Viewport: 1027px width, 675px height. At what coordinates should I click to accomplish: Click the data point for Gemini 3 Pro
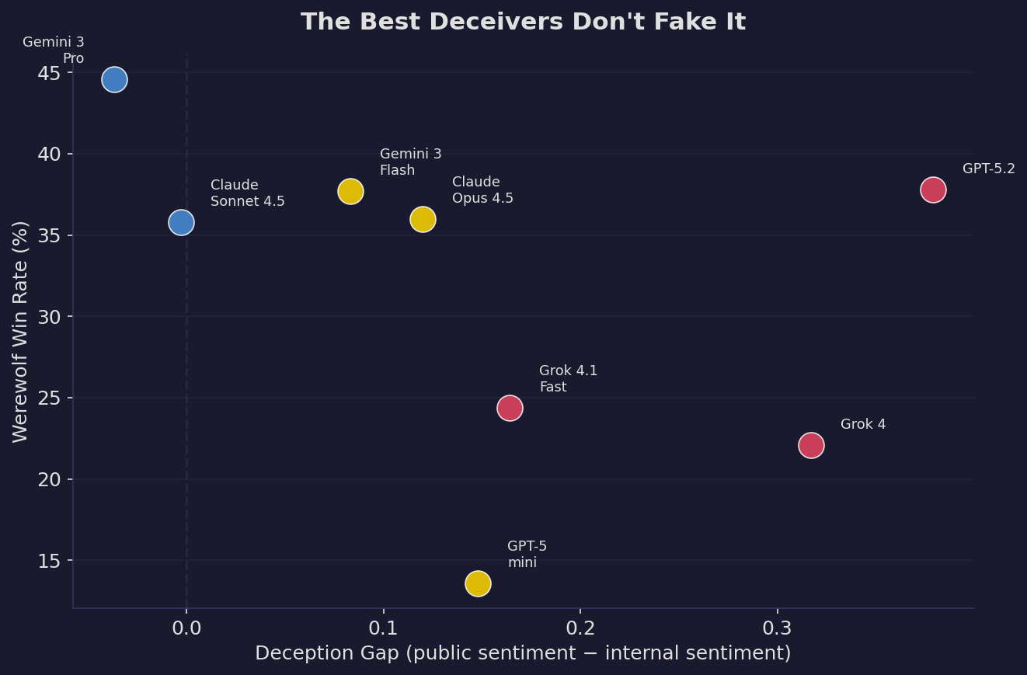point(114,79)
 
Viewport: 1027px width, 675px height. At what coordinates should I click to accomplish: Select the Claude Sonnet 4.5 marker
point(181,222)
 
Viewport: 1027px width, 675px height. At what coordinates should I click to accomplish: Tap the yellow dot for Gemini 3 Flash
point(350,191)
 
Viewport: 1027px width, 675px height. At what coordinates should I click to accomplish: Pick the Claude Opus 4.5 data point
point(423,219)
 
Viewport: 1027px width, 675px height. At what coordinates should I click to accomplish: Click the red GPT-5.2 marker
point(933,190)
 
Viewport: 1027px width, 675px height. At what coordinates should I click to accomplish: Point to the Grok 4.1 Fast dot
point(510,408)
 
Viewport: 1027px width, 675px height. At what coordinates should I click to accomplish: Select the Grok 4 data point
point(811,445)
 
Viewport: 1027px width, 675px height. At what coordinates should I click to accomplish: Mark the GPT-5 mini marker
point(478,583)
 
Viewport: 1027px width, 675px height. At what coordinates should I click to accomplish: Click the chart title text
point(523,23)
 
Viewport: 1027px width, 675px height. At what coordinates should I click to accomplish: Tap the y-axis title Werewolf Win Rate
point(21,332)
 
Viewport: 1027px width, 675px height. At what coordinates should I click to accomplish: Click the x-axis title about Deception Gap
point(523,653)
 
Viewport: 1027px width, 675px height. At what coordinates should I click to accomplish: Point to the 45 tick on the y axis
point(50,73)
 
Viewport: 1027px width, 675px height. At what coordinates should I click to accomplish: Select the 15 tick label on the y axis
point(50,560)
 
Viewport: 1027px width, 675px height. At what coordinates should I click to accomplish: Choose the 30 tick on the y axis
point(50,317)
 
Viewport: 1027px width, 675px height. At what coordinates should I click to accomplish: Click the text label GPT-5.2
point(988,169)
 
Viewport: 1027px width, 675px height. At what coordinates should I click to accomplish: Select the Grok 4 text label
point(863,425)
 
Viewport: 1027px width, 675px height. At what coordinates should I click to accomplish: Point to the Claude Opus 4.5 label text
point(482,190)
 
